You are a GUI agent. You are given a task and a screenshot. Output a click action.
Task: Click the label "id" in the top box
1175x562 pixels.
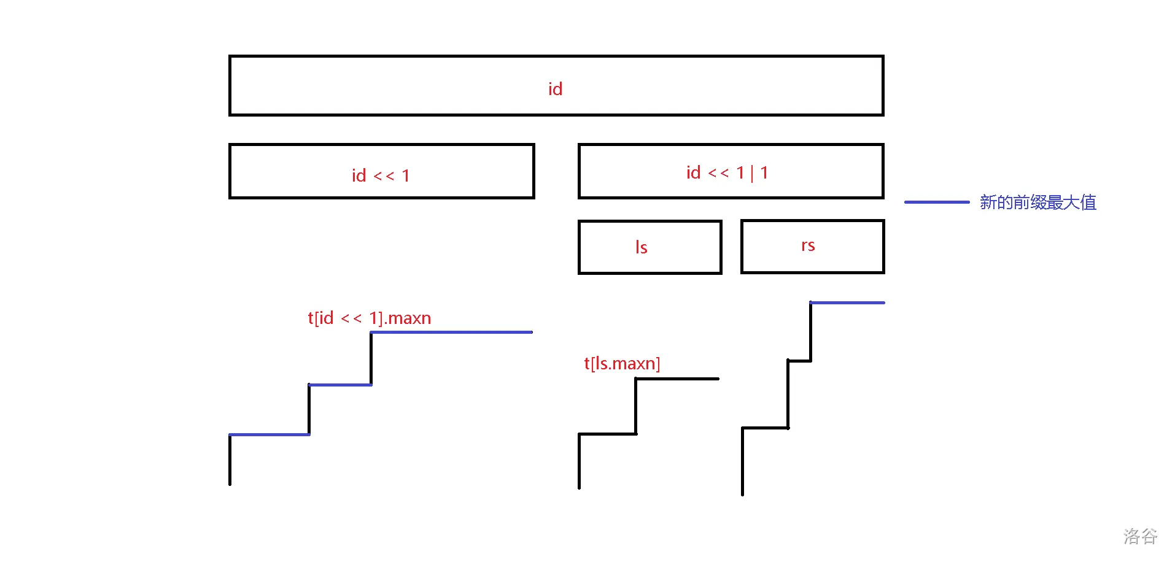click(x=555, y=89)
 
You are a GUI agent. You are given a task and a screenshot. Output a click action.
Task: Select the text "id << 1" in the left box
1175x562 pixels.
click(x=381, y=175)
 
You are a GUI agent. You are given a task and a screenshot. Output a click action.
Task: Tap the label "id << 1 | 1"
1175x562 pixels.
click(x=727, y=173)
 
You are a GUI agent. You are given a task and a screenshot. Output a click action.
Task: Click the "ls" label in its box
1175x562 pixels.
click(x=641, y=247)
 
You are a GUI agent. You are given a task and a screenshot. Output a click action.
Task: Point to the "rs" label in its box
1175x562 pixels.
click(x=808, y=245)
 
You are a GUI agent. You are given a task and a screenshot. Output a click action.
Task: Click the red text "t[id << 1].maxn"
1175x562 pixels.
click(x=369, y=318)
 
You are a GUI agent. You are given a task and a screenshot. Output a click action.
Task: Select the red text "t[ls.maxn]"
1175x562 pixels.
click(x=622, y=363)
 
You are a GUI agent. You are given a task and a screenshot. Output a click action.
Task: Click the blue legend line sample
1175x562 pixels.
click(x=936, y=202)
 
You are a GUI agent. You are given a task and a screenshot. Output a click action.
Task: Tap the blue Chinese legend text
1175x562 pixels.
click(x=1037, y=202)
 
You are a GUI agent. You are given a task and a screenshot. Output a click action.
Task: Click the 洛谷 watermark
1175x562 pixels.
click(x=1140, y=536)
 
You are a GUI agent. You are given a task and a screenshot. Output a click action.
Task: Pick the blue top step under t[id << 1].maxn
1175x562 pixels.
click(x=451, y=332)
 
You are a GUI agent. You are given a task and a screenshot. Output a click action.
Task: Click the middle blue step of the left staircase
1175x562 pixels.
click(x=340, y=385)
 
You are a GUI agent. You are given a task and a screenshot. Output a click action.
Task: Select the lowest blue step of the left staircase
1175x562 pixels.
click(x=270, y=434)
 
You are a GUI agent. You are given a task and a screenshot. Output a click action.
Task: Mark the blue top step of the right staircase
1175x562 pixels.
click(x=847, y=302)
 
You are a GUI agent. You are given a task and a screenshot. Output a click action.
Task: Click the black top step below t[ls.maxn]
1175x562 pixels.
click(x=677, y=379)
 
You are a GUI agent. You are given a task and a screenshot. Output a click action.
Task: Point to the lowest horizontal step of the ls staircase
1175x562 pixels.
click(x=608, y=434)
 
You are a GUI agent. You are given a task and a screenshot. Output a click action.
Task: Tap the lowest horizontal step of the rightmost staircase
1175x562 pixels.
click(x=765, y=428)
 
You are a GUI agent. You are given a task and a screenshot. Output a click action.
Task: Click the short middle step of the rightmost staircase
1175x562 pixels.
click(x=799, y=361)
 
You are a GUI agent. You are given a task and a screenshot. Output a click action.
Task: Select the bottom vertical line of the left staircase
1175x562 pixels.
click(x=230, y=460)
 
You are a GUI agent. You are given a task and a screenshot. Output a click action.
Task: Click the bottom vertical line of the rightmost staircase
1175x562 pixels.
click(x=742, y=461)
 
